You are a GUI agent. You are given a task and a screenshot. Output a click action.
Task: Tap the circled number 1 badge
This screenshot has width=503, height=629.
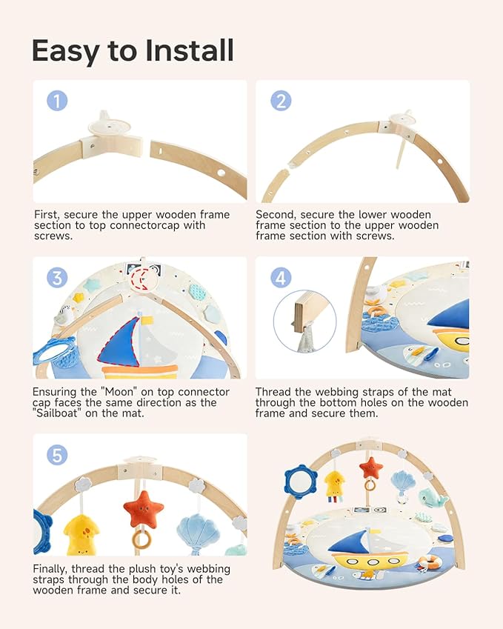coord(58,101)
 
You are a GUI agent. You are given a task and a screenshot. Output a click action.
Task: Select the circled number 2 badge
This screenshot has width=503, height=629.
coord(280,101)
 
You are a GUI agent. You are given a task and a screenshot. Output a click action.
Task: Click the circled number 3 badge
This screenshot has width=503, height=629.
coord(58,278)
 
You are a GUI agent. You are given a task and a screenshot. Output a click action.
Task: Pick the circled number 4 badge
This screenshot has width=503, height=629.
coord(280,278)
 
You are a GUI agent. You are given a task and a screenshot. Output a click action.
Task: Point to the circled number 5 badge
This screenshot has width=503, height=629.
coord(58,454)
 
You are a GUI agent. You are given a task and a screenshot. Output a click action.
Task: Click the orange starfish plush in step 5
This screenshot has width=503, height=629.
coord(143,510)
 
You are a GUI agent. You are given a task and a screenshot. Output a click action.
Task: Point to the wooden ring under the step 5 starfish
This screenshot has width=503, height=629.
coord(141,540)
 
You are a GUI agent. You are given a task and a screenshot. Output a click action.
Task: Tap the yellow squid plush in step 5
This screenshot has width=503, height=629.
coord(81,534)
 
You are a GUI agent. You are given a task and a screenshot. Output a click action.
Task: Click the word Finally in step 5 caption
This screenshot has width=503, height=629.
coord(55,568)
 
